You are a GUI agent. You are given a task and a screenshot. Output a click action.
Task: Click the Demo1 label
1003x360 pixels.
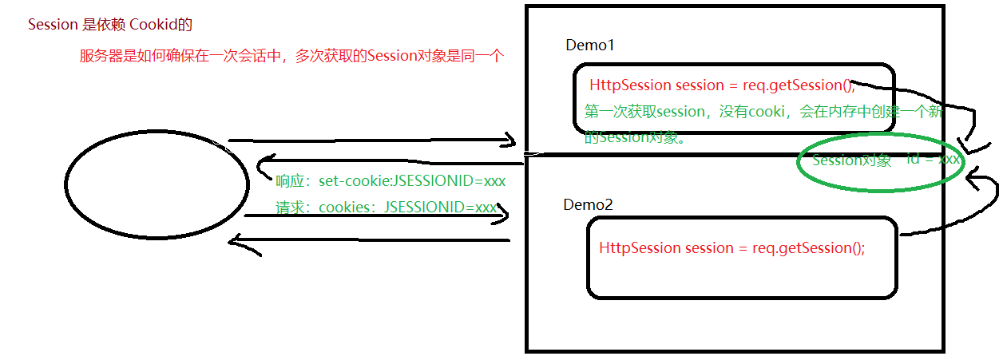(590, 45)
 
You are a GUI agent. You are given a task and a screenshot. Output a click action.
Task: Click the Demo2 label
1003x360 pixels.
(588, 205)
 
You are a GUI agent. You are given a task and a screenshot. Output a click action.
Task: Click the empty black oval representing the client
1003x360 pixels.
(157, 184)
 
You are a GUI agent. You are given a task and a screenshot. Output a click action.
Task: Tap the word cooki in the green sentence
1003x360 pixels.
(765, 111)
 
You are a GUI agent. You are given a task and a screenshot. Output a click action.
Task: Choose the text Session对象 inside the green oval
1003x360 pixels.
(851, 160)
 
